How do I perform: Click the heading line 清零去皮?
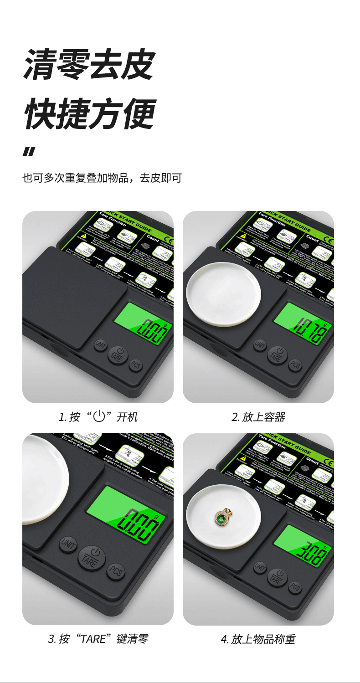click(x=89, y=65)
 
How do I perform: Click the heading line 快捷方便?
click(x=89, y=113)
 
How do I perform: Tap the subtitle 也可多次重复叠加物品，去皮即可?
click(x=102, y=178)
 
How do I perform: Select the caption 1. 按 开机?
click(x=98, y=416)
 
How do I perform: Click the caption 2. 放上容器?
click(x=258, y=416)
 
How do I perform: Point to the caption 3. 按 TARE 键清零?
click(x=98, y=639)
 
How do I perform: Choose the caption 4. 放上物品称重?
click(x=258, y=639)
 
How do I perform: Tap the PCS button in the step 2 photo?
click(x=295, y=365)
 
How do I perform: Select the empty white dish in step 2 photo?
click(x=224, y=294)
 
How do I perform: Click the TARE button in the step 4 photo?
click(x=277, y=578)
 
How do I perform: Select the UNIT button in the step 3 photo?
click(x=68, y=544)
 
